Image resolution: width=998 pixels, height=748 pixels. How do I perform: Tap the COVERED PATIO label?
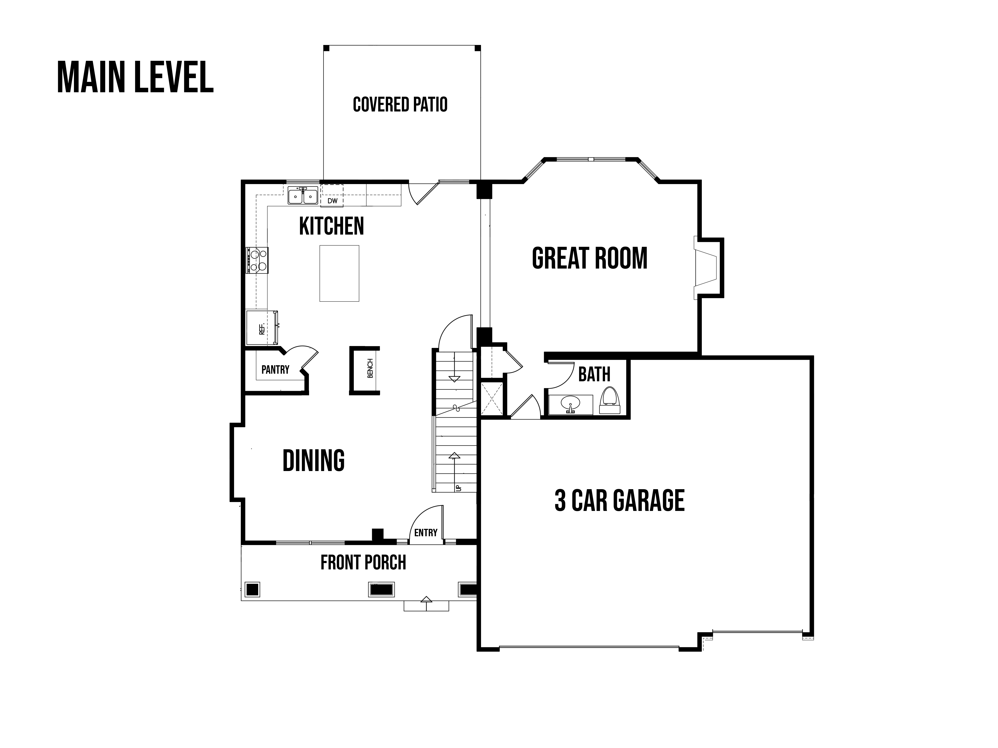(400, 105)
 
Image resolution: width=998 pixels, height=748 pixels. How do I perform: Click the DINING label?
(314, 460)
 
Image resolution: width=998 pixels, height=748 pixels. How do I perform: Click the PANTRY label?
(275, 370)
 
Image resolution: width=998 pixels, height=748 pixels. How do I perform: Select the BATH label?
(594, 374)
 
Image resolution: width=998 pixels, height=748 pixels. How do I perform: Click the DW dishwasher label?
(333, 201)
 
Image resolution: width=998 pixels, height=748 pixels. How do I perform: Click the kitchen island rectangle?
(339, 273)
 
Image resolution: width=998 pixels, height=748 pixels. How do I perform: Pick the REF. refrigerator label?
(262, 329)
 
